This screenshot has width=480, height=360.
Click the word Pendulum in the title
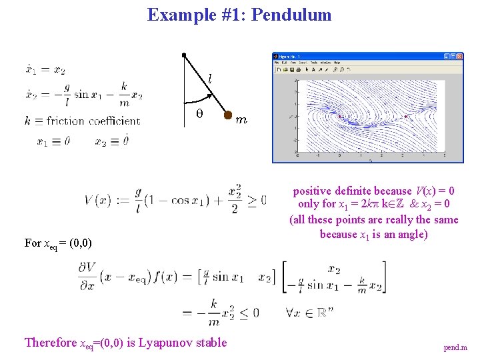click(x=292, y=15)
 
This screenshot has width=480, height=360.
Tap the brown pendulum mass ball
click(x=227, y=117)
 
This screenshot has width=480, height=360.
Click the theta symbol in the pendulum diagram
click(x=199, y=114)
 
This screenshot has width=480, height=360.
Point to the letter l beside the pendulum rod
click(x=209, y=79)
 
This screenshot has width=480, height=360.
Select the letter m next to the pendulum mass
click(x=241, y=121)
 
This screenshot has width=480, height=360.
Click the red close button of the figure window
click(x=459, y=57)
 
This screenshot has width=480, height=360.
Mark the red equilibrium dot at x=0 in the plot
click(x=339, y=117)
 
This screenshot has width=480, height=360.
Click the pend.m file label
click(x=455, y=347)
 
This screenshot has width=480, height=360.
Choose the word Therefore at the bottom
click(x=51, y=343)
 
